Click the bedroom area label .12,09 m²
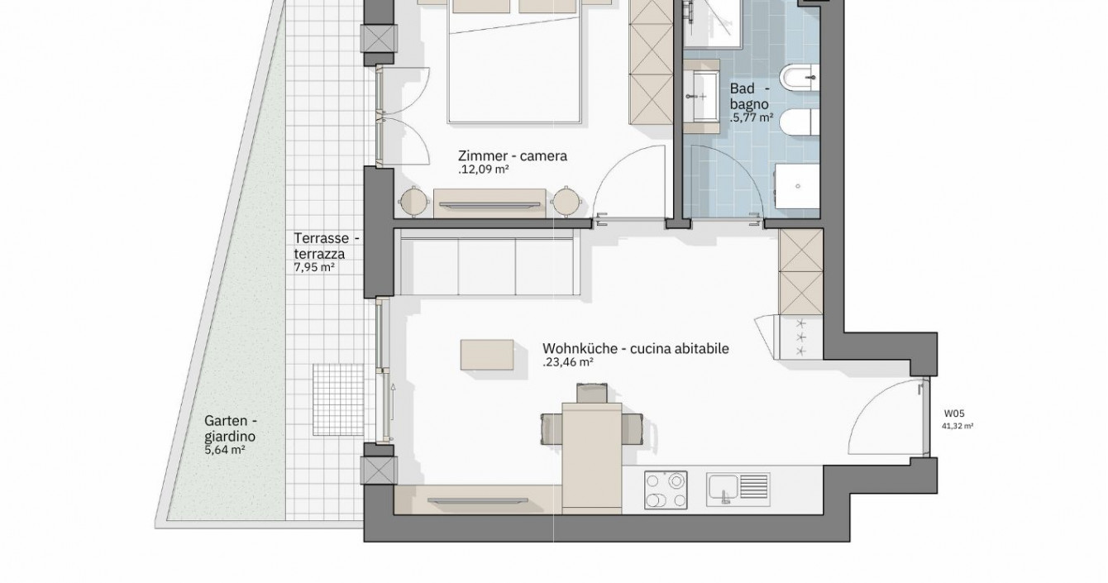tap(483, 170)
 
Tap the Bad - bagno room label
tap(750, 97)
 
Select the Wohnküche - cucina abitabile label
tap(636, 349)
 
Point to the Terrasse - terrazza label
tap(327, 246)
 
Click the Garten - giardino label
tap(231, 428)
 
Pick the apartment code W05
tap(954, 413)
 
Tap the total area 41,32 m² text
tap(958, 426)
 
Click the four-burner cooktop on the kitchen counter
tap(666, 490)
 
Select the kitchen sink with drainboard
tap(738, 489)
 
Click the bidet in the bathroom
tap(800, 78)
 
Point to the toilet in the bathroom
tap(800, 122)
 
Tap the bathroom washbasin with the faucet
tap(701, 96)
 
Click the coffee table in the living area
tap(487, 355)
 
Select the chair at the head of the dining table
tap(592, 393)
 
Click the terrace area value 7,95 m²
tap(314, 267)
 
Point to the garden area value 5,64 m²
tap(225, 450)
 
